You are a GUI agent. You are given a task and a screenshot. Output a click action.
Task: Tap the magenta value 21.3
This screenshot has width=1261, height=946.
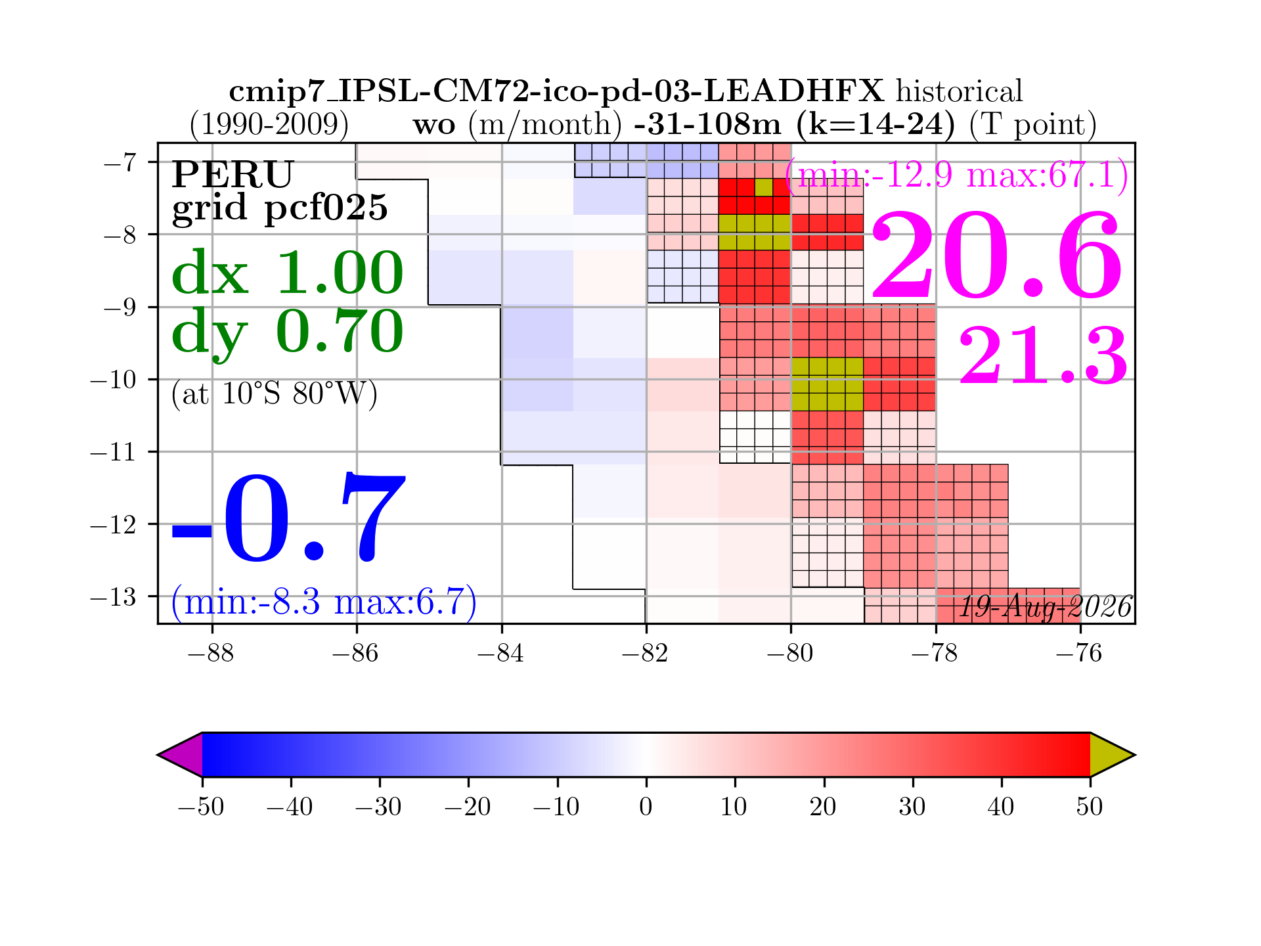tap(1044, 355)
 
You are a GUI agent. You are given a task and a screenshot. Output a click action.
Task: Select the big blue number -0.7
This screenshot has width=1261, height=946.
tap(288, 518)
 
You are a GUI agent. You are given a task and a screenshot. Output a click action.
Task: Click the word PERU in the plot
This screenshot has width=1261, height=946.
tap(232, 174)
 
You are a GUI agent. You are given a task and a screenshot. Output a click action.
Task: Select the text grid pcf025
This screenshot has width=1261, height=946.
tap(280, 208)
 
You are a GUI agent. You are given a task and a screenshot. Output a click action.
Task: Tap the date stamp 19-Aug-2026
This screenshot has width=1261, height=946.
tap(1046, 606)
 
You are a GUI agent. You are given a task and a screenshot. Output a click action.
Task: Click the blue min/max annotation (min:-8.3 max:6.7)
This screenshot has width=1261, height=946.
tap(324, 601)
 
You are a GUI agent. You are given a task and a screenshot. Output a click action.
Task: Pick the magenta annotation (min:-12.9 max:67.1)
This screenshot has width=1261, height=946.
tap(957, 175)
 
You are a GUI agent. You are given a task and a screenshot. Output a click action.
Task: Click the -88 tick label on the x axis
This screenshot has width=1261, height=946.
tap(211, 654)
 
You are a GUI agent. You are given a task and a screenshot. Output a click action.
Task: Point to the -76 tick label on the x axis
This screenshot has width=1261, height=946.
tap(1079, 654)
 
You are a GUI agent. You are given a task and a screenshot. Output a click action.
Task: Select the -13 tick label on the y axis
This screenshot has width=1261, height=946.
tap(113, 597)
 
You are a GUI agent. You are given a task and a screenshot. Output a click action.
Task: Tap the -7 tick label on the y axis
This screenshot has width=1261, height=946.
tap(120, 162)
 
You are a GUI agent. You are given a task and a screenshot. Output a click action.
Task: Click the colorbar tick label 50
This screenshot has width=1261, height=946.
tap(1090, 806)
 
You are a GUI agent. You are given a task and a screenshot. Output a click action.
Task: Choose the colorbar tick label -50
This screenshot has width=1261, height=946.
tap(201, 806)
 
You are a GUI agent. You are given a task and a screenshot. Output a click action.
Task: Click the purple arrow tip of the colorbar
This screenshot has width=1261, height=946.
tap(158, 755)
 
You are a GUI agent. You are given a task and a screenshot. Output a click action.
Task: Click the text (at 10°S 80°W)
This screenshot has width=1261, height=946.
tap(274, 394)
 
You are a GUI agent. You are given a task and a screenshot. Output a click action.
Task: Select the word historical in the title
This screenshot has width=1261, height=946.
tap(960, 91)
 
